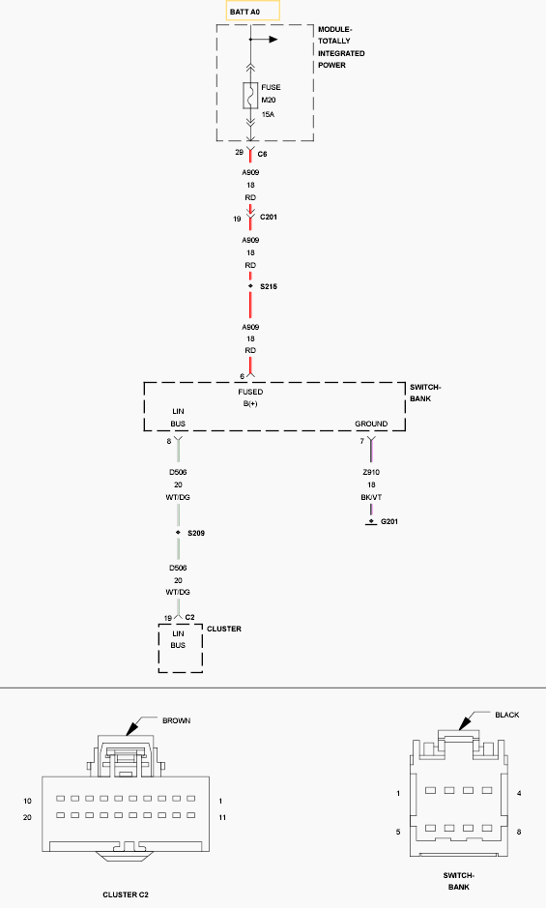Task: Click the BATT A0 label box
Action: (x=252, y=11)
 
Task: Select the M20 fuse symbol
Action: (x=250, y=96)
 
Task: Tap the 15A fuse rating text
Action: (x=268, y=115)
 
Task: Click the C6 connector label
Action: (x=262, y=155)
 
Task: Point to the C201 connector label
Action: (x=269, y=218)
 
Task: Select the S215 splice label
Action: (x=269, y=286)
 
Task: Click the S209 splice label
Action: (x=196, y=533)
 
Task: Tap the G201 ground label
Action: (x=389, y=521)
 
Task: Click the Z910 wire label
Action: (x=371, y=472)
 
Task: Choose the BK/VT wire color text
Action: (x=371, y=497)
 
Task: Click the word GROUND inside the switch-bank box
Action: (x=371, y=424)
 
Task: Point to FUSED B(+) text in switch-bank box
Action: (x=250, y=397)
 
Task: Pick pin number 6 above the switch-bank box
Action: (x=242, y=376)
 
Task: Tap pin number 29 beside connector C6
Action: (x=239, y=153)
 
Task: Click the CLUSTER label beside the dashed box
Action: (x=224, y=629)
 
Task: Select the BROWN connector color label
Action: (x=177, y=721)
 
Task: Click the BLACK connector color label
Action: (x=507, y=716)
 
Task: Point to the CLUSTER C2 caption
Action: (x=126, y=894)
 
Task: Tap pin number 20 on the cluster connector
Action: (x=27, y=818)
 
